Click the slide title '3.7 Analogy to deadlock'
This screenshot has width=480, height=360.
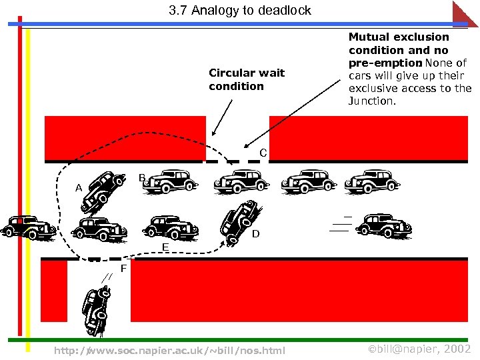pyautogui.click(x=239, y=11)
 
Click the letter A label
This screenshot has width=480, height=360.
pyautogui.click(x=79, y=188)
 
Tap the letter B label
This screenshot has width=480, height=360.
pyautogui.click(x=142, y=178)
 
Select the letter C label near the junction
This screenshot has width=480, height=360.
pyautogui.click(x=263, y=153)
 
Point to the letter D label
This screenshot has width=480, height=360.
pyautogui.click(x=256, y=234)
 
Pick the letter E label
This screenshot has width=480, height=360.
pyautogui.click(x=165, y=247)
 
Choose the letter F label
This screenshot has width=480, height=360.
pyautogui.click(x=123, y=269)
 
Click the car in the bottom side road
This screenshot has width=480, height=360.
pyautogui.click(x=95, y=310)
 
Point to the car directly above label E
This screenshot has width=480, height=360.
pyautogui.click(x=171, y=227)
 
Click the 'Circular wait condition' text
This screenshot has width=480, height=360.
pyautogui.click(x=246, y=79)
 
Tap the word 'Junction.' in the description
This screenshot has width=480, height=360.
pyautogui.click(x=372, y=101)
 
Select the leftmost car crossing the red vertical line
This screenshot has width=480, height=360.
pyautogui.click(x=27, y=227)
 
